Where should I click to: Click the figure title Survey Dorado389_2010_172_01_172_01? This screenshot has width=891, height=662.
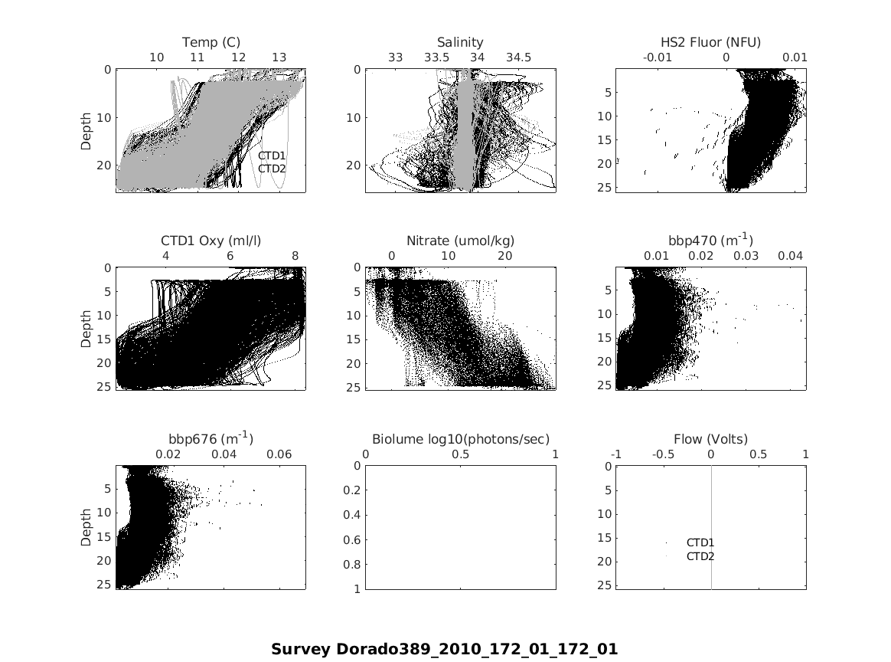point(444,649)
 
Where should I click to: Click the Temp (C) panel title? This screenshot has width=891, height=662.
point(211,42)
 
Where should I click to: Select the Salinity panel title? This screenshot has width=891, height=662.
point(460,42)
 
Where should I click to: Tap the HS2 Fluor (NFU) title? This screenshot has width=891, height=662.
point(710,42)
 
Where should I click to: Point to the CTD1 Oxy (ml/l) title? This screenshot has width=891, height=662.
point(211,241)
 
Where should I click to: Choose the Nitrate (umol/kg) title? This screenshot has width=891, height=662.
point(460,241)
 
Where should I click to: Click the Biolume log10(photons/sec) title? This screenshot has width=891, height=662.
point(460,439)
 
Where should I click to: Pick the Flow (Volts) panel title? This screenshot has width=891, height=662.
point(710,439)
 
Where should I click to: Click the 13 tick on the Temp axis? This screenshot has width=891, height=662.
point(279,57)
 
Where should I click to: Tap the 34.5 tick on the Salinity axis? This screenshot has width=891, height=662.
point(518,57)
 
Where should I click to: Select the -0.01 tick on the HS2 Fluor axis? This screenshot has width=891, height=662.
point(658,57)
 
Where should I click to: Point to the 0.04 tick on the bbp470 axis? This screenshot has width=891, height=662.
point(791,256)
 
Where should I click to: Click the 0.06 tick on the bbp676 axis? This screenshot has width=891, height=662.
point(279,454)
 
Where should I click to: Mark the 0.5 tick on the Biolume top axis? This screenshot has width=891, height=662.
point(461,454)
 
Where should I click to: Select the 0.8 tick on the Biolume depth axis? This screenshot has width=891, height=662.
point(353,565)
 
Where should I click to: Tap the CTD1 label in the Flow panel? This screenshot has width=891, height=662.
point(700,543)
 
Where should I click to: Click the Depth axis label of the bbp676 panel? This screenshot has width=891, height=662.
point(86,527)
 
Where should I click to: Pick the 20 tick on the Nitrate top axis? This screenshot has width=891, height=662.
point(505,256)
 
